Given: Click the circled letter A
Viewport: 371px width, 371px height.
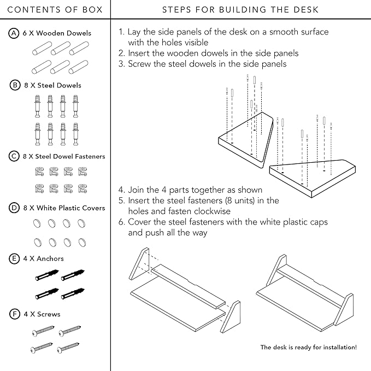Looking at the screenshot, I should tap(14, 33).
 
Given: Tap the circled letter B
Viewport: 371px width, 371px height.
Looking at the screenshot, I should tap(14, 85).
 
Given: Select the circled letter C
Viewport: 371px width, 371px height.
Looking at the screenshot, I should tap(14, 156).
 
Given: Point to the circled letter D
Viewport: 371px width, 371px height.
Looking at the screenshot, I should tap(14, 208).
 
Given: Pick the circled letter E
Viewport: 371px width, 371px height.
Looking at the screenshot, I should tap(14, 258).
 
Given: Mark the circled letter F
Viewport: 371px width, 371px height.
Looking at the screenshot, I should tap(14, 314).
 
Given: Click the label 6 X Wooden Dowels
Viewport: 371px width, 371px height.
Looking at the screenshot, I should tap(57, 33).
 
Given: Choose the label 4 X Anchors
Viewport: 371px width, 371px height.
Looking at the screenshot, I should tap(43, 258).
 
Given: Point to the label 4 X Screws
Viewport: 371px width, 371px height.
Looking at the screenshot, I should tap(42, 314).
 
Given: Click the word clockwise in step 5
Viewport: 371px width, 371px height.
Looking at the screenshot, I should tap(209, 211).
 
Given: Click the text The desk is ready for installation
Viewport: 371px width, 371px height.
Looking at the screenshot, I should tap(309, 347).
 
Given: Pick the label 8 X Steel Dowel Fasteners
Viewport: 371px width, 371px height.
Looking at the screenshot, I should tap(64, 156).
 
